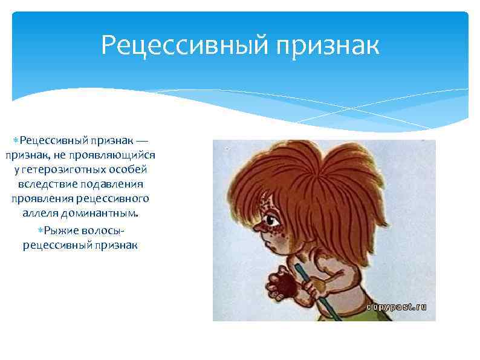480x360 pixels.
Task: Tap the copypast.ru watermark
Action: (397, 307)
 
